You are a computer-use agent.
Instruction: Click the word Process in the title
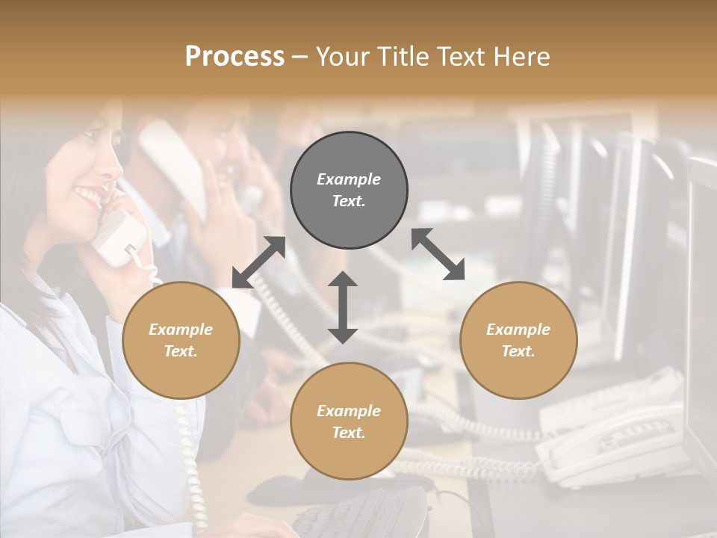coord(235,57)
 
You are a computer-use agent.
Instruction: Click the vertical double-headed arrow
coord(343,307)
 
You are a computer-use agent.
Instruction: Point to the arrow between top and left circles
coord(258,262)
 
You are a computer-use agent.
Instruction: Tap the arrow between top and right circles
coord(438,254)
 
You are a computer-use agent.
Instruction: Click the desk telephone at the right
coord(612,441)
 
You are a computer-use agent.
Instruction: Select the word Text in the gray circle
coord(349,201)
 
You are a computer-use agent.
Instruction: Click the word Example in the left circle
coord(181,330)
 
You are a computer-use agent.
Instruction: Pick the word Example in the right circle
coord(518,330)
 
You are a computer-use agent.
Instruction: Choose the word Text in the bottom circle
coord(349,433)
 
